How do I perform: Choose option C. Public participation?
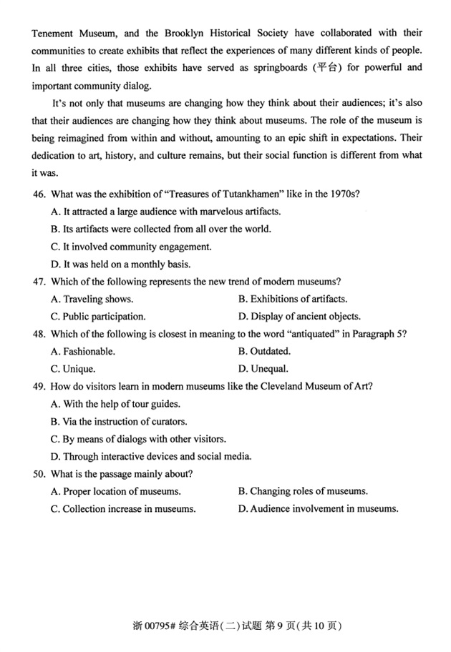[x=98, y=316]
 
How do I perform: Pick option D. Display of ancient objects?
[x=299, y=316]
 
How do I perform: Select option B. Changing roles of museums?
[x=303, y=491]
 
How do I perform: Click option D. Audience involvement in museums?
[x=318, y=509]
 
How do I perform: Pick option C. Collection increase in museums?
[x=123, y=509]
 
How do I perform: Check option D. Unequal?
[x=263, y=369]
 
